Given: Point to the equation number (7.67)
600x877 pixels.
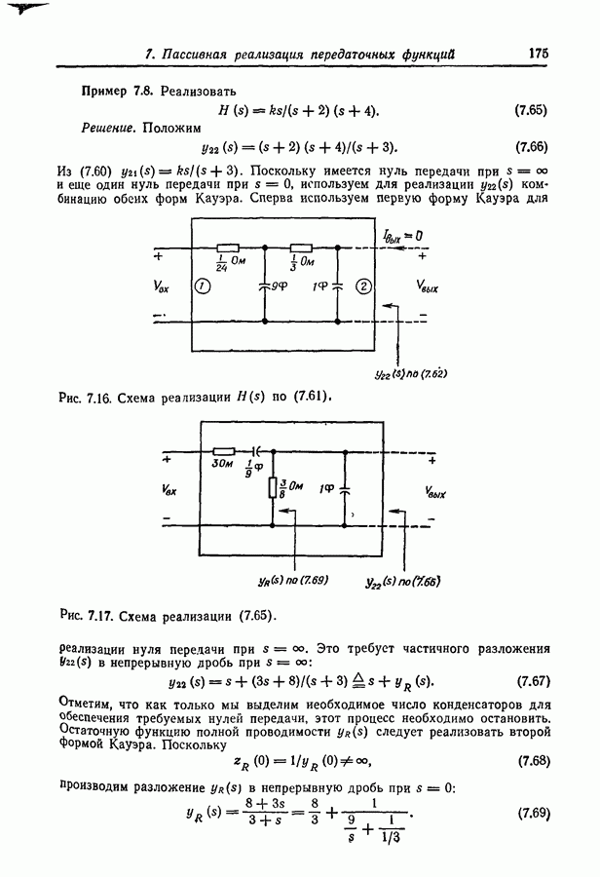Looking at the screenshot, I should pyautogui.click(x=534, y=680).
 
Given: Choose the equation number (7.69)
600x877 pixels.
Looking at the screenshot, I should pyautogui.click(x=534, y=812).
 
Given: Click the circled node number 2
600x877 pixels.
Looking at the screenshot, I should pyautogui.click(x=362, y=286).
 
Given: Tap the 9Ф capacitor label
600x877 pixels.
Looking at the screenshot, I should pyautogui.click(x=280, y=288).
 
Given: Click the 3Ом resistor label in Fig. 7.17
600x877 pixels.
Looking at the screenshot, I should pyautogui.click(x=222, y=465).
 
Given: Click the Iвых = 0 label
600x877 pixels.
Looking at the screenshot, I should pyautogui.click(x=401, y=236).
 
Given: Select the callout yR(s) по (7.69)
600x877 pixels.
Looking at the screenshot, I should pyautogui.click(x=293, y=579).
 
